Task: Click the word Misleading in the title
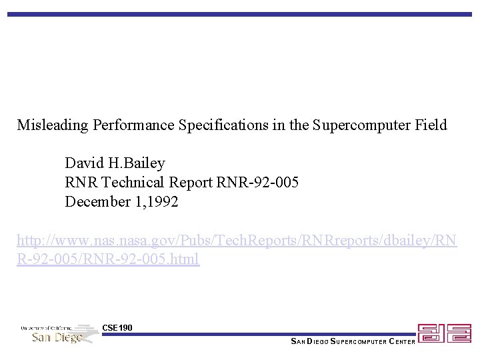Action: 53,125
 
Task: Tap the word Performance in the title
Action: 134,125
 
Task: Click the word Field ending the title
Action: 431,125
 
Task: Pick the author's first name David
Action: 83,163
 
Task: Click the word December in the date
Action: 94,201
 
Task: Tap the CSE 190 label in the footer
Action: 117,327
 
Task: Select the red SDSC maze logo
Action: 444,333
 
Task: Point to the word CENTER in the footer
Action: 402,342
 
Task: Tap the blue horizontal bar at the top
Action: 239,14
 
